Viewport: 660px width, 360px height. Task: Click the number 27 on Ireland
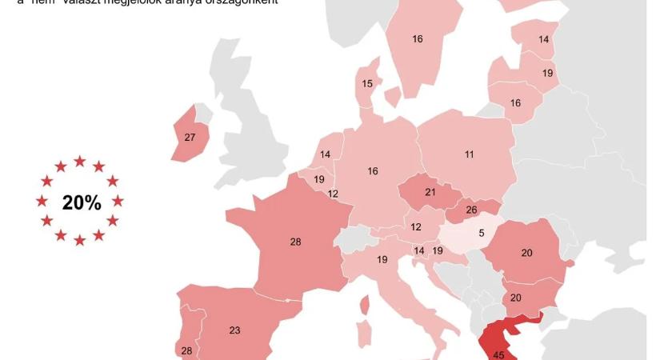tap(190, 138)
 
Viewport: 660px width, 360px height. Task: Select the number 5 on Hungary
tap(482, 234)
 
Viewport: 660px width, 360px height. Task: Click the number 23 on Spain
tap(234, 330)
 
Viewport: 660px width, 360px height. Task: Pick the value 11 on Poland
tap(470, 154)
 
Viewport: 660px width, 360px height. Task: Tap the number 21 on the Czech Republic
tap(430, 193)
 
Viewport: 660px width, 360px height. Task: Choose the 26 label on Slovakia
tap(471, 210)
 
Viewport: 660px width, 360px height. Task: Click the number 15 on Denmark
tap(367, 83)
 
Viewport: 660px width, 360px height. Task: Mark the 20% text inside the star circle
tap(82, 203)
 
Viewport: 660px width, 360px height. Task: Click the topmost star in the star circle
tap(80, 161)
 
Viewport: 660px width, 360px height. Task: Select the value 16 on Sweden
tap(418, 39)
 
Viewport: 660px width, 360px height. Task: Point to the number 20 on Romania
tap(526, 253)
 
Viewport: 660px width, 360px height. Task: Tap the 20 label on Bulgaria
tap(515, 298)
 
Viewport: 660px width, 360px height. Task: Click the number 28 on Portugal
tap(186, 351)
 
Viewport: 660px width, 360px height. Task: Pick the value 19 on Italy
tap(382, 259)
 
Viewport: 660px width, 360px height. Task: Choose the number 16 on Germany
tap(373, 171)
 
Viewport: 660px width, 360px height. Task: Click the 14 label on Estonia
tap(544, 39)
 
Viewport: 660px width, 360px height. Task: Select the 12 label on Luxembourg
tap(333, 194)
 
